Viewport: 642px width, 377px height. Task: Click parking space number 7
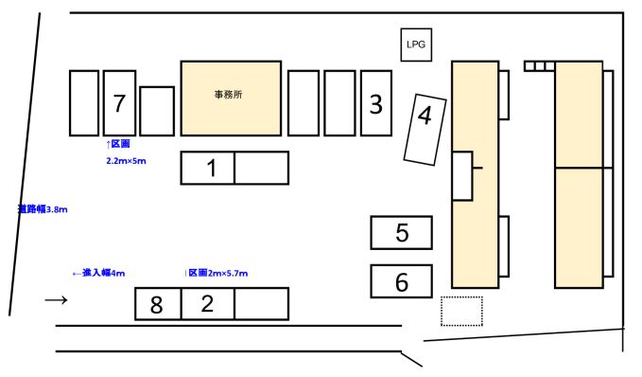pyautogui.click(x=119, y=103)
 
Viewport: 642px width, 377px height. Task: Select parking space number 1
pyautogui.click(x=208, y=168)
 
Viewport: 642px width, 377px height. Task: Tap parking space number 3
pyautogui.click(x=376, y=103)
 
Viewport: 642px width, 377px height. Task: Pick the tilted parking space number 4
pyautogui.click(x=425, y=130)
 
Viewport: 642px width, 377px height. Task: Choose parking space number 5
pyautogui.click(x=401, y=233)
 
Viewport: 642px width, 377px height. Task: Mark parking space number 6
pyautogui.click(x=401, y=281)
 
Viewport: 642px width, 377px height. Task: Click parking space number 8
pyautogui.click(x=158, y=304)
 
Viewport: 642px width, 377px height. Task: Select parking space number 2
pyautogui.click(x=208, y=304)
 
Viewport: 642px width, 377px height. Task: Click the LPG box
pyautogui.click(x=416, y=45)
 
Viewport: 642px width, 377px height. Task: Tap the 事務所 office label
pyautogui.click(x=229, y=95)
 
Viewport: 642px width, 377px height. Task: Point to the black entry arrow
pyautogui.click(x=56, y=300)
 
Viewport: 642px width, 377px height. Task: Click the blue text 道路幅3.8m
pyautogui.click(x=43, y=209)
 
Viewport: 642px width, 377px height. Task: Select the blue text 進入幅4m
pyautogui.click(x=98, y=273)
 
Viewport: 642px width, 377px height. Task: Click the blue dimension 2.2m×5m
pyautogui.click(x=126, y=161)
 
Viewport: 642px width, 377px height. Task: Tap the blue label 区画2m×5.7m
pyautogui.click(x=217, y=273)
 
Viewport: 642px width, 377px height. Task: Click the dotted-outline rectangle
pyautogui.click(x=461, y=312)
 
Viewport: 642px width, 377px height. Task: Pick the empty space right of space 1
pyautogui.click(x=262, y=168)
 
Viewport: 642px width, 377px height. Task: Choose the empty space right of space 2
pyautogui.click(x=262, y=304)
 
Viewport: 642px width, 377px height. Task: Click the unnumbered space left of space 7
pyautogui.click(x=84, y=103)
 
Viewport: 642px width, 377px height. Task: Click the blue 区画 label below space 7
pyautogui.click(x=118, y=144)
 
